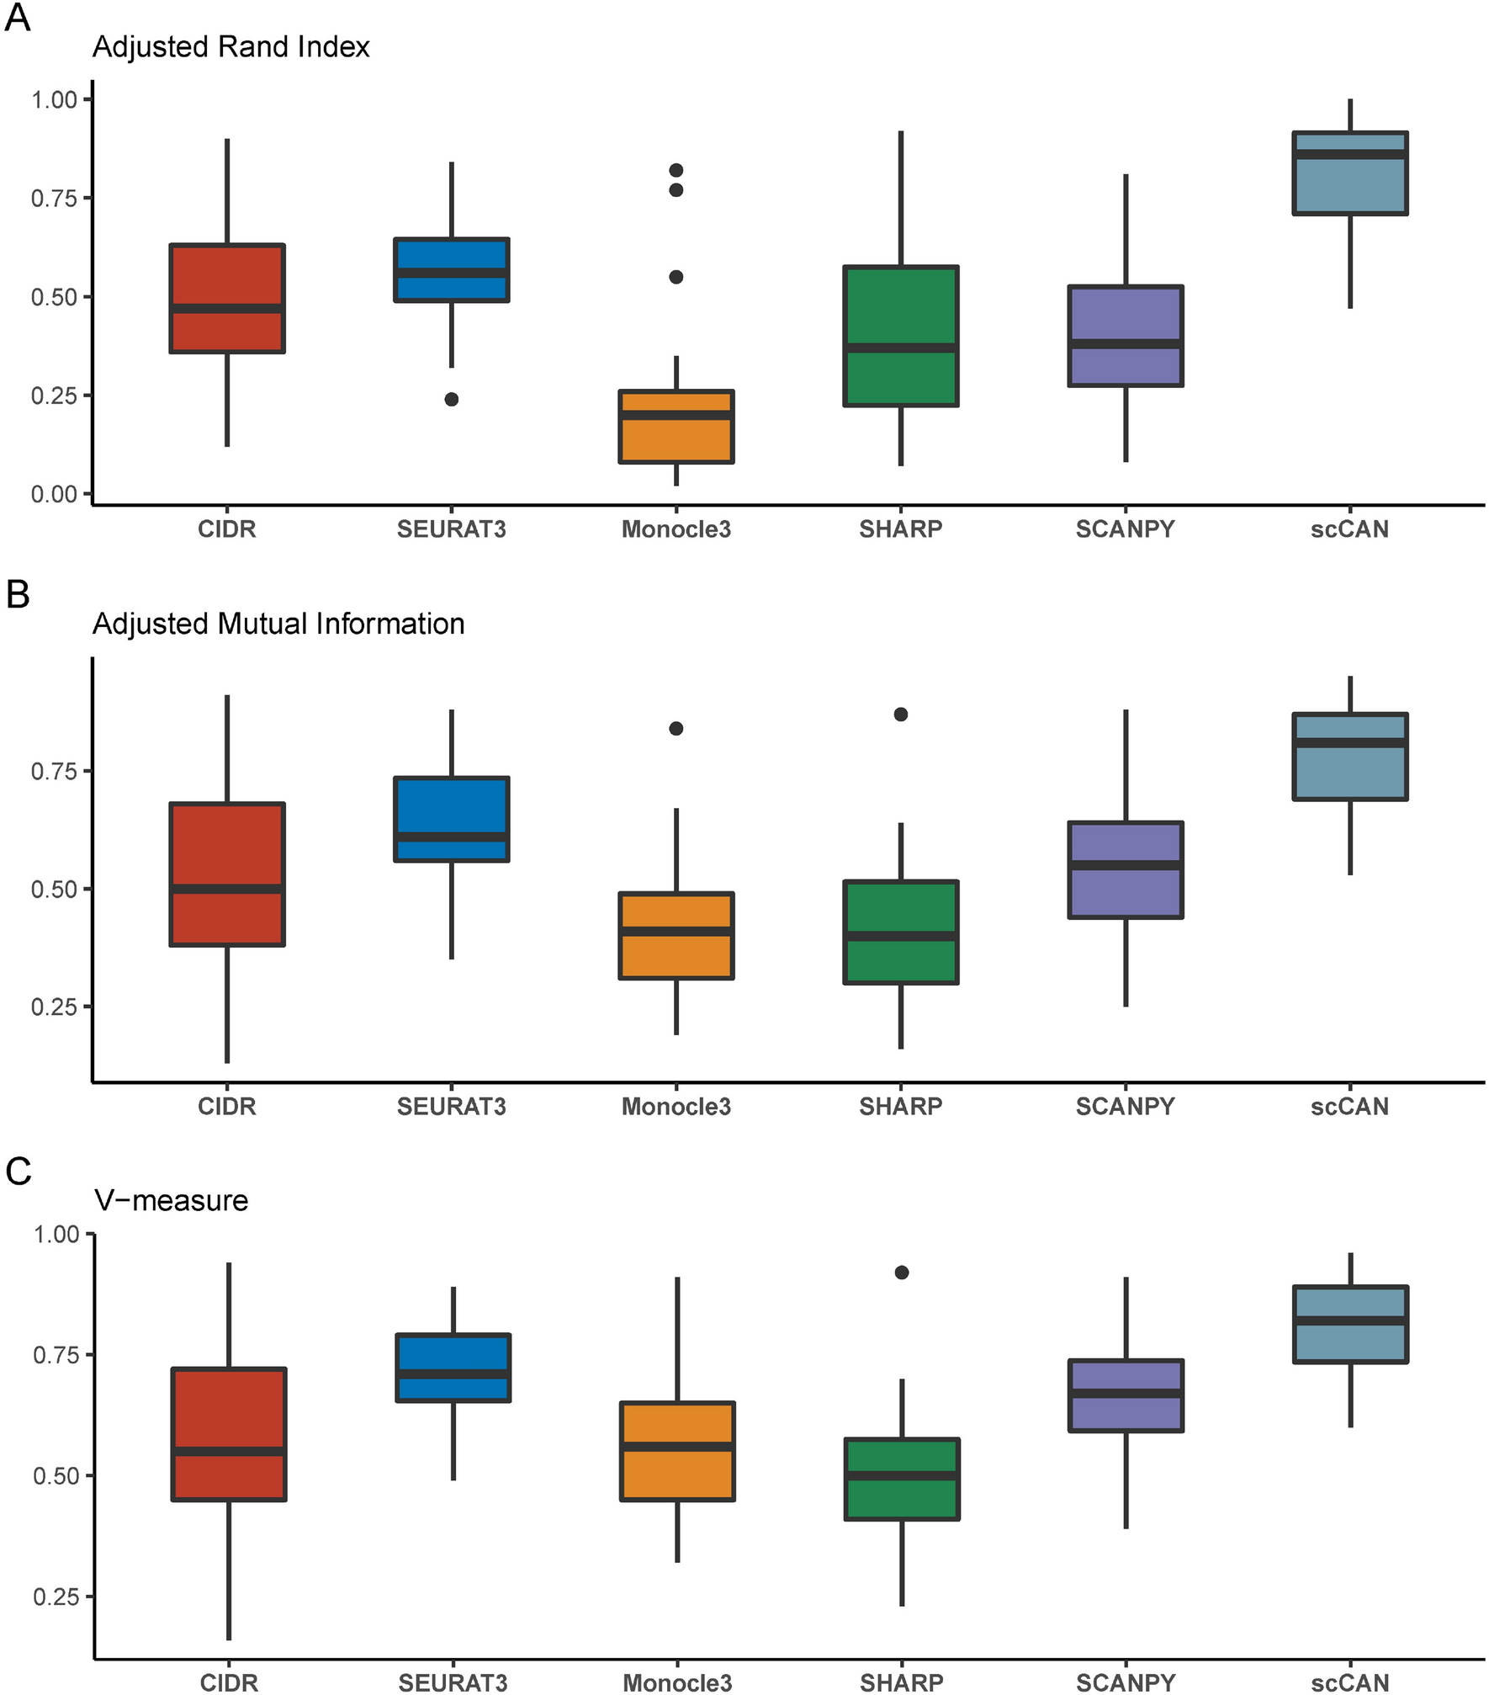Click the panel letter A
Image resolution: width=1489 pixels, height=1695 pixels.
[18, 18]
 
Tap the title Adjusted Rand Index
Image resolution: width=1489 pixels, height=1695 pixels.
[231, 47]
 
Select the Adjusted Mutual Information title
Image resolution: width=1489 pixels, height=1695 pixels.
[278, 624]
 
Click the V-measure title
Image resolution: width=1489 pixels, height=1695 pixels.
[171, 1200]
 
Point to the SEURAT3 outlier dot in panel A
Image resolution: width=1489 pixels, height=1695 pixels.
[452, 399]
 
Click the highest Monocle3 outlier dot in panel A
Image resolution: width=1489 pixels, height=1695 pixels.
[676, 170]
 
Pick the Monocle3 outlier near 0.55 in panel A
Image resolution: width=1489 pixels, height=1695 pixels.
[676, 277]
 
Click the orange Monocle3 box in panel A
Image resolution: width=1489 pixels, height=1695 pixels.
[676, 438]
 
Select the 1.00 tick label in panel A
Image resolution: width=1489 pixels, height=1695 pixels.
[54, 100]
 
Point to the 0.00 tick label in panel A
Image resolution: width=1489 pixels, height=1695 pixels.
[54, 494]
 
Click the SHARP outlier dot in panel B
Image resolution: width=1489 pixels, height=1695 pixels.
[901, 715]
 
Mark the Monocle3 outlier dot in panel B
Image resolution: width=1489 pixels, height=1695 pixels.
[676, 728]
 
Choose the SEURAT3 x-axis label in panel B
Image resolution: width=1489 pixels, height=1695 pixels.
[452, 1106]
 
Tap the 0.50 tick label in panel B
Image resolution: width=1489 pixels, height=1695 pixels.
[54, 890]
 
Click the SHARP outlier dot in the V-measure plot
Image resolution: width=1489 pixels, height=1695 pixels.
[902, 1273]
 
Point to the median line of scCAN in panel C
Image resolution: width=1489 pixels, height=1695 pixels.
[1350, 1321]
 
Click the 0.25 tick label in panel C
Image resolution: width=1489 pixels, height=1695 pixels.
[56, 1597]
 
